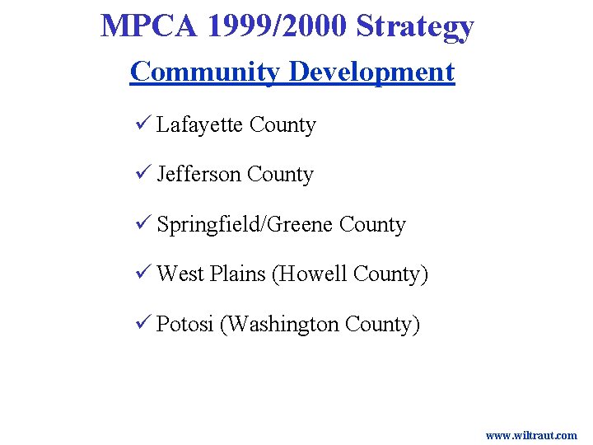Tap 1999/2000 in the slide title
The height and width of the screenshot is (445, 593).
tap(278, 26)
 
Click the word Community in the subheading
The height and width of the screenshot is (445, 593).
tap(205, 72)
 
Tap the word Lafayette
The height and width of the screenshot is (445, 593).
tap(199, 125)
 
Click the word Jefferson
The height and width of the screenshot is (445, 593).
tap(198, 175)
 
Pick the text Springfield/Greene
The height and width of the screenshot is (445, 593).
tap(245, 225)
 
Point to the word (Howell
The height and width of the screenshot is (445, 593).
tap(309, 274)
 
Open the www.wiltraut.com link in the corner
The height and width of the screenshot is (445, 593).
tap(531, 435)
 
